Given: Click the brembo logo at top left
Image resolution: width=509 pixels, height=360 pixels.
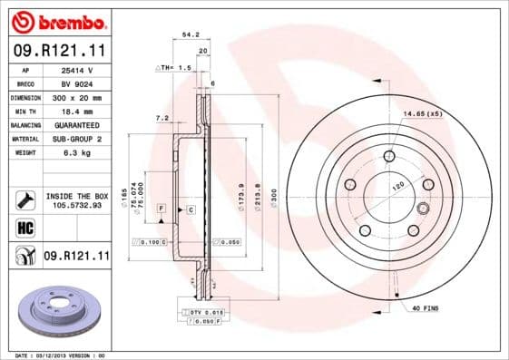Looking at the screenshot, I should click(56, 20).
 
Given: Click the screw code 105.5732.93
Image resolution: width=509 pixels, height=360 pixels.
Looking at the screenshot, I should click(76, 205).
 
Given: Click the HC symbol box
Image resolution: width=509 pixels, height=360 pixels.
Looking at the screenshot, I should click(25, 228).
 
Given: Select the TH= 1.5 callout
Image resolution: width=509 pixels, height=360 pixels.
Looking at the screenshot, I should click(174, 68).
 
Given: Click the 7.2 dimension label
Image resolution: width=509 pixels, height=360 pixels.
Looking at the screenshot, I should click(162, 117).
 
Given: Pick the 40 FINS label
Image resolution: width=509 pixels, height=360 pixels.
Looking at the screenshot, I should click(425, 308).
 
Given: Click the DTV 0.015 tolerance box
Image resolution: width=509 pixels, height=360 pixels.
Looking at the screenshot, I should click(207, 311).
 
